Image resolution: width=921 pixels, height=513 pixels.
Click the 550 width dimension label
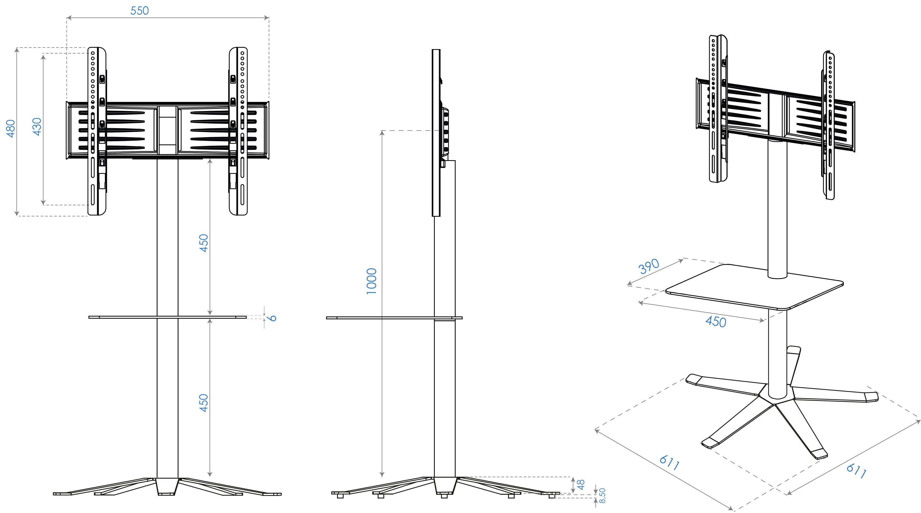pos(139,11)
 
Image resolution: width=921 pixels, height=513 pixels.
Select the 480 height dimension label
pos(11,129)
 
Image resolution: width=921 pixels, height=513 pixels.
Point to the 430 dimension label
pos(37,127)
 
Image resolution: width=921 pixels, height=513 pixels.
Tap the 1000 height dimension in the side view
pos(372,282)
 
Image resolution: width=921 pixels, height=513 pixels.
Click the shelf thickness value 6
pos(273,318)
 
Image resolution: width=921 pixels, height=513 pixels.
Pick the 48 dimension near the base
pos(581,485)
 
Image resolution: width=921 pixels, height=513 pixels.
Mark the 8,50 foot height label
pos(602,496)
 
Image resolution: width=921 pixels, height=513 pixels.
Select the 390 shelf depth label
pos(649,266)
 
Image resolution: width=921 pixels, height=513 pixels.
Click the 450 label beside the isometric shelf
pos(716,322)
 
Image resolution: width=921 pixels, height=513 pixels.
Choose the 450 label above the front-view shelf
pos(204,243)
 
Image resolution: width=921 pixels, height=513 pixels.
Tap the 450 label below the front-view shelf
pos(204,403)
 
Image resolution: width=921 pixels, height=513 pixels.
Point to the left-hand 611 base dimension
pos(669,463)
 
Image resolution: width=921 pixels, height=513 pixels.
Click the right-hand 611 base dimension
pos(856,471)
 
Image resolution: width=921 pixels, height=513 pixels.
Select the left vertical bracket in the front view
pos(97,131)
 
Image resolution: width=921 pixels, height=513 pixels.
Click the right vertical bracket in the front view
pos(238,131)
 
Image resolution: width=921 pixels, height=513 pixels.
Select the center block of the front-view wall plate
pos(168,131)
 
